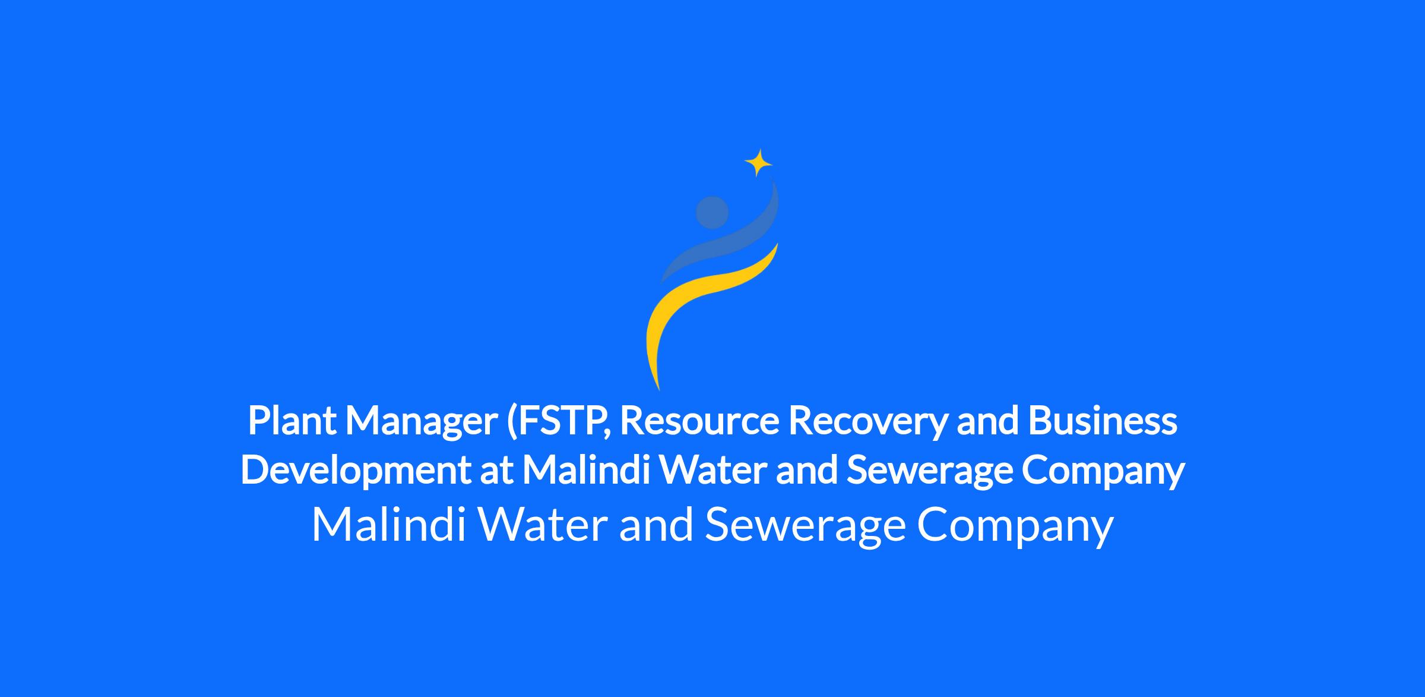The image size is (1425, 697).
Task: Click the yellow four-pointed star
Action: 758,163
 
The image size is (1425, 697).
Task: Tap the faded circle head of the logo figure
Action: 712,212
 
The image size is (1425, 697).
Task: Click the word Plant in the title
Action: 292,420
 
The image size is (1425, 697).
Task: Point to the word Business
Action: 1103,420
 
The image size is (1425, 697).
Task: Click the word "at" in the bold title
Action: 496,471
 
